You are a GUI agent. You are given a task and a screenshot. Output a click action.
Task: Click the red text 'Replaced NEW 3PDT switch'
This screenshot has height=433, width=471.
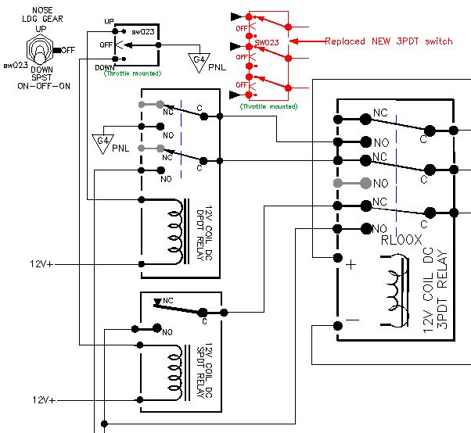[x=388, y=41]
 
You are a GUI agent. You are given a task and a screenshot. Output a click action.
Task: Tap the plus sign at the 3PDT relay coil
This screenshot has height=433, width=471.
[x=351, y=265]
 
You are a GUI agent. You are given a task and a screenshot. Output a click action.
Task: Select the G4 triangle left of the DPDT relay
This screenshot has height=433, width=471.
[x=101, y=141]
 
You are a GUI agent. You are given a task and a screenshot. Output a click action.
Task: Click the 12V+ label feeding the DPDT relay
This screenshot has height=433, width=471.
[x=44, y=263]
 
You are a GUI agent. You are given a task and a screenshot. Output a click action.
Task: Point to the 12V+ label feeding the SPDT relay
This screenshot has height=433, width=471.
[x=44, y=400]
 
